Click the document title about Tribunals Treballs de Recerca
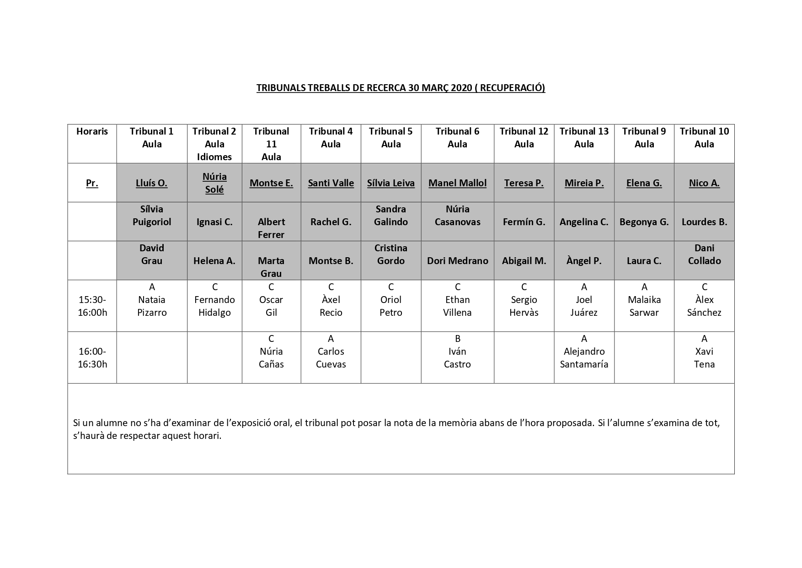(401, 87)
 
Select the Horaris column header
(92, 131)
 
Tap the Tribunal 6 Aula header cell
(457, 138)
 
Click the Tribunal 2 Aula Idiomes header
(214, 144)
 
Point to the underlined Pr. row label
(92, 183)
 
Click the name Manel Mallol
(457, 183)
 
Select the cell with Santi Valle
(331, 183)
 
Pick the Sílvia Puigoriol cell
(152, 216)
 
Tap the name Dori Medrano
(457, 261)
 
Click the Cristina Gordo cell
(390, 254)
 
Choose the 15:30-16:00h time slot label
(92, 306)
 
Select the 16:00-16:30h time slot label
(92, 358)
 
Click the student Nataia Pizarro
(152, 306)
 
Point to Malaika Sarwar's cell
(644, 306)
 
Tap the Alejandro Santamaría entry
(584, 358)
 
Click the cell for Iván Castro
(457, 358)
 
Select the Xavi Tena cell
(704, 358)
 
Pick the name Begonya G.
(644, 222)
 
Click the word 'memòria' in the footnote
(457, 423)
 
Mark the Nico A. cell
(704, 183)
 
